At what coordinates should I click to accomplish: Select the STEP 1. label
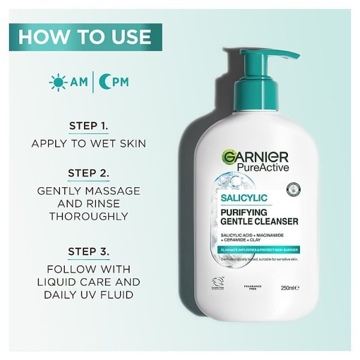(89, 127)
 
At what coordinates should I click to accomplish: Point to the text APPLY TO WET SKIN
(89, 144)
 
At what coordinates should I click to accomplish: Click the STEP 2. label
(89, 174)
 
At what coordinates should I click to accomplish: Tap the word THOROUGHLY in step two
(89, 216)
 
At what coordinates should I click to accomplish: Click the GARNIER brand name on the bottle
(255, 158)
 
